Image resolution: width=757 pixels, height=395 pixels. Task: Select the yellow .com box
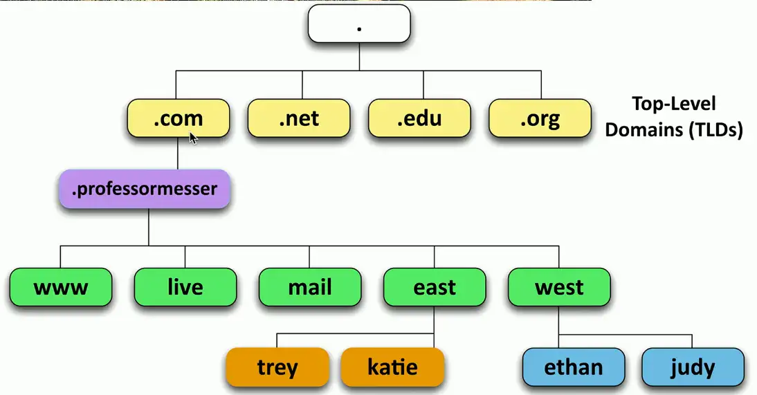click(x=179, y=118)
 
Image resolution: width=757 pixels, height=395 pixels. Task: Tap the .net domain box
click(x=300, y=118)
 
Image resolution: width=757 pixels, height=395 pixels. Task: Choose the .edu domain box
click(x=419, y=118)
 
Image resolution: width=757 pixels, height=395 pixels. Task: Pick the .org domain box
click(x=540, y=118)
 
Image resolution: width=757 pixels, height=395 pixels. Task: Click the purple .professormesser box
click(x=144, y=189)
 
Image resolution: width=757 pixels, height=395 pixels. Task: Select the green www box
click(x=61, y=287)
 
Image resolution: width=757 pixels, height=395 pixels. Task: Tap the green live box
click(x=185, y=287)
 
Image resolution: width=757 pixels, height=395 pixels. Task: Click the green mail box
click(x=310, y=287)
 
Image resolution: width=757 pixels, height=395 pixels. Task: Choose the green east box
click(x=435, y=287)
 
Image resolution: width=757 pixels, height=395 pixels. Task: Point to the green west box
click(x=559, y=287)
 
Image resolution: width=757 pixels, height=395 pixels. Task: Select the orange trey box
click(x=277, y=367)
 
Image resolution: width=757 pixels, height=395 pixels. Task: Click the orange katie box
click(x=392, y=367)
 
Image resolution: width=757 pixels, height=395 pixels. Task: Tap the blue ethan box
click(x=574, y=367)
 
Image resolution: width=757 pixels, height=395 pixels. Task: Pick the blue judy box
click(x=693, y=367)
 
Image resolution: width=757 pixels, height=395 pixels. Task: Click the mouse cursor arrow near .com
click(x=193, y=137)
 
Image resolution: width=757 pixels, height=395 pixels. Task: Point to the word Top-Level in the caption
click(x=673, y=104)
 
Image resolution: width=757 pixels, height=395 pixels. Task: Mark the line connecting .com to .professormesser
click(x=177, y=154)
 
